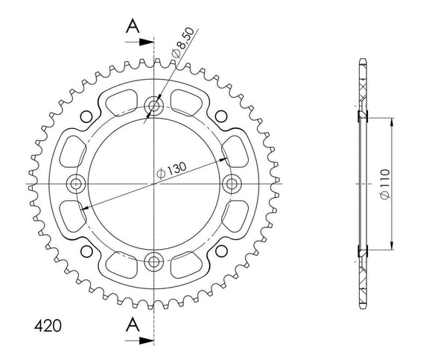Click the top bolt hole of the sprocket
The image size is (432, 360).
point(154,107)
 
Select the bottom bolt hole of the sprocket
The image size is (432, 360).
point(154,260)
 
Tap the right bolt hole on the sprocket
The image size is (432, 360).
point(231,183)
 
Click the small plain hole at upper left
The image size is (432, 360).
point(89,116)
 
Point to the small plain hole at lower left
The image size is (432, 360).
point(89,250)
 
